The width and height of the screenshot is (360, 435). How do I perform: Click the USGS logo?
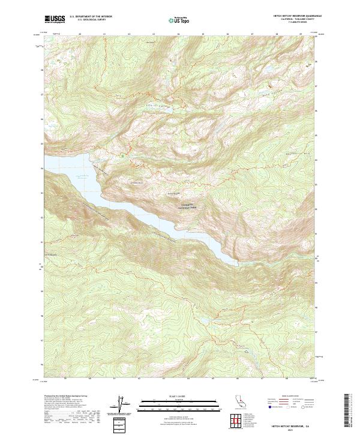click(56, 20)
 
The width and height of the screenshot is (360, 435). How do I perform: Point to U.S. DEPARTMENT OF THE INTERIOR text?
click(91, 18)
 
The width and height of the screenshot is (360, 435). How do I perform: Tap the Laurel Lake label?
click(150, 43)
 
